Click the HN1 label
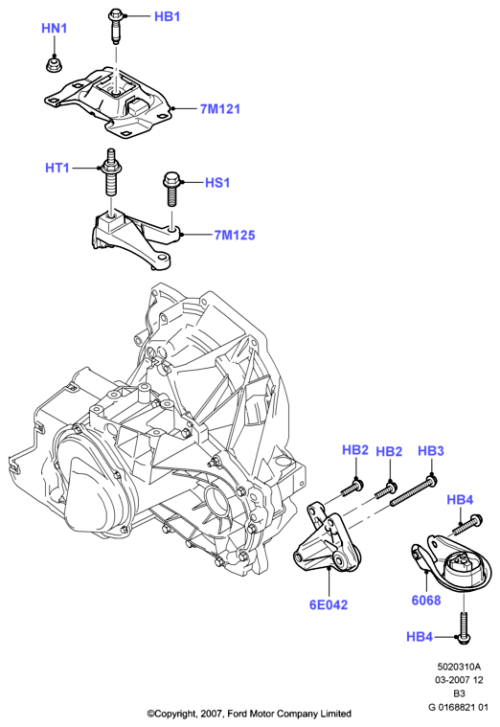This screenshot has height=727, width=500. (55, 29)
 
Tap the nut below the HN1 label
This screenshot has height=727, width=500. (54, 64)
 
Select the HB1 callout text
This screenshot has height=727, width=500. (167, 16)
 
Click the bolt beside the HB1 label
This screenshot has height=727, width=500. (115, 28)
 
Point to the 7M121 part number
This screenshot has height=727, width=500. (220, 109)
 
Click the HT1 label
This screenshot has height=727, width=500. (57, 168)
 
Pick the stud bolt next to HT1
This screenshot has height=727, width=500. (110, 174)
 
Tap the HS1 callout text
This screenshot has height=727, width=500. (217, 182)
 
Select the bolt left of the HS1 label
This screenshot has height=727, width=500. (170, 189)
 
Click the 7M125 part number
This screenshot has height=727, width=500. (235, 235)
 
